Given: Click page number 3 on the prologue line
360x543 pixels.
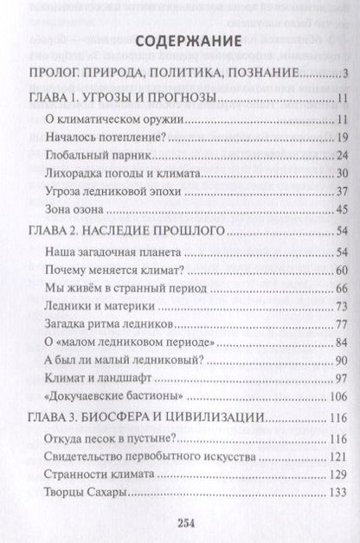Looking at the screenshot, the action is click(344, 74).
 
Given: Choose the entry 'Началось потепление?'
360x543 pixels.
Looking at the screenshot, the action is click(93, 138).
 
